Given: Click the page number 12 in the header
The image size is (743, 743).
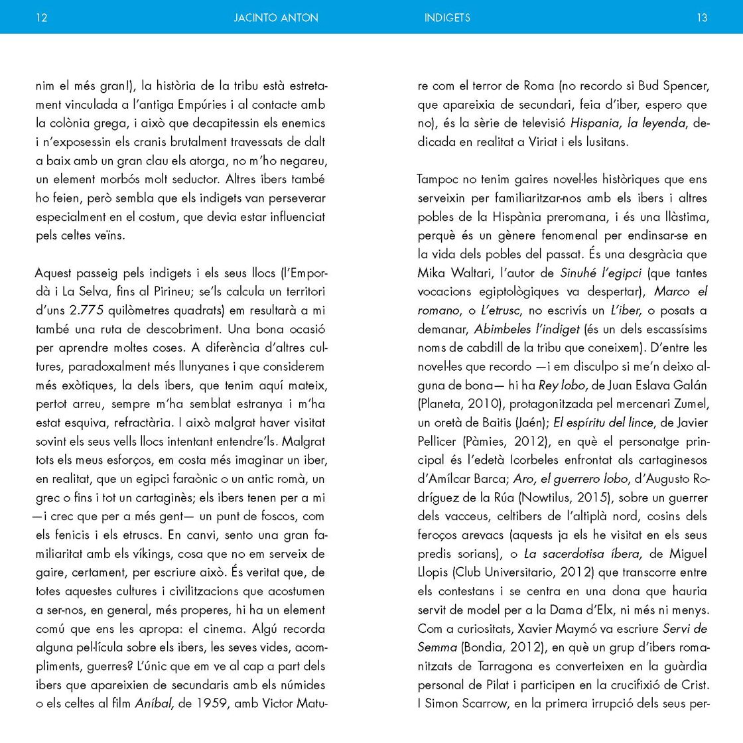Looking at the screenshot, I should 41,18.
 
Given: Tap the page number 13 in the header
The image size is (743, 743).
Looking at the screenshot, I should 702,18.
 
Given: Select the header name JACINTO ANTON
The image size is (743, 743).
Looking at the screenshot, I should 276,18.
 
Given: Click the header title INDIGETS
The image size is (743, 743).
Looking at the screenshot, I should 447,18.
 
